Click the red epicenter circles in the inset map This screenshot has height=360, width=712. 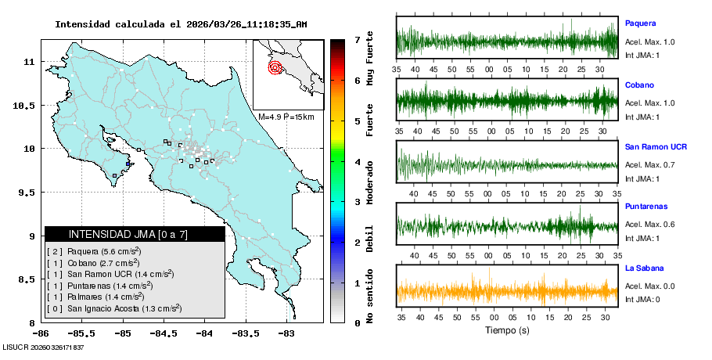[275, 67]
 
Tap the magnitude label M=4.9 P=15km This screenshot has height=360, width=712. [286, 117]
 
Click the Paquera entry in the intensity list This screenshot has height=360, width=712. [94, 251]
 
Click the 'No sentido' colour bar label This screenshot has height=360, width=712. [370, 296]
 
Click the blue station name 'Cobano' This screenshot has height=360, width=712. [639, 85]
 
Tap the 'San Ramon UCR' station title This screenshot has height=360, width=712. [656, 146]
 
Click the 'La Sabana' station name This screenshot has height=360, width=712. [644, 268]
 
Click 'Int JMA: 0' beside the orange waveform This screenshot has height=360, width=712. [642, 298]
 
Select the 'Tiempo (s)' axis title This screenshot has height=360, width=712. [507, 330]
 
